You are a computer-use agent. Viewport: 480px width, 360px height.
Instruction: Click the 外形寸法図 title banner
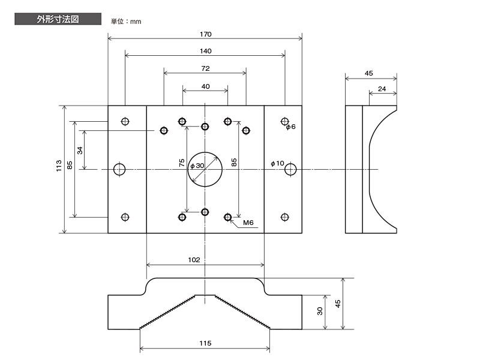[x=57, y=19]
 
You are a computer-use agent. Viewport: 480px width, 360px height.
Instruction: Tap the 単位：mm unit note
[x=125, y=22]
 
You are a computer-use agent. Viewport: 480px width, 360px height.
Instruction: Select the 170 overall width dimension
[x=205, y=34]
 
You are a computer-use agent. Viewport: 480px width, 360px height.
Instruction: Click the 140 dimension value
[x=205, y=51]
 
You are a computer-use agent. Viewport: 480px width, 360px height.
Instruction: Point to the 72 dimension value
[x=205, y=68]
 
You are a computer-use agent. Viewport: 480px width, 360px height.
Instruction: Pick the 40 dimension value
[x=205, y=86]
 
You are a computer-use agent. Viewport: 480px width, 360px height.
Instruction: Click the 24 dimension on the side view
[x=382, y=89]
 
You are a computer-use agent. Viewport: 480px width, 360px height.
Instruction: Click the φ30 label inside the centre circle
[x=197, y=166]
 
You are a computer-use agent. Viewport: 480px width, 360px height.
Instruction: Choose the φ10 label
[x=277, y=163]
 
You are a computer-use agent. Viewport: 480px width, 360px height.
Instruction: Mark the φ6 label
[x=291, y=127]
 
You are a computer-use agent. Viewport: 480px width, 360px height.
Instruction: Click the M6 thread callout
[x=248, y=223]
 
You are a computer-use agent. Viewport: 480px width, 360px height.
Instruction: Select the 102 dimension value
[x=194, y=260]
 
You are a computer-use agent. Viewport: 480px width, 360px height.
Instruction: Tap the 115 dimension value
[x=205, y=343]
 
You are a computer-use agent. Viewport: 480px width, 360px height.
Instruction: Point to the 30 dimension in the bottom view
[x=320, y=311]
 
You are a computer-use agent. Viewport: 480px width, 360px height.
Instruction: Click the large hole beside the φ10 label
[x=291, y=170]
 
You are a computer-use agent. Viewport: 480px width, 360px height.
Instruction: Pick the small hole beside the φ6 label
[x=285, y=122]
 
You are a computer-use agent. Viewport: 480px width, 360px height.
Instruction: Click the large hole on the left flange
[x=120, y=170]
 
